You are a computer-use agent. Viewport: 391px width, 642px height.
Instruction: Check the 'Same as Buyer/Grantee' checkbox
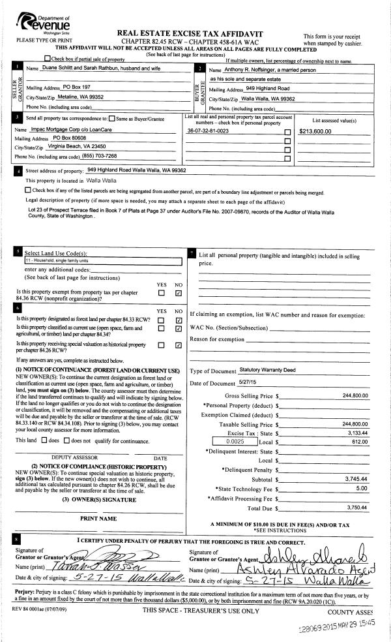113,118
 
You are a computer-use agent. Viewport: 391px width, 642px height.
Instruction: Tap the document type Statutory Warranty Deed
267,370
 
